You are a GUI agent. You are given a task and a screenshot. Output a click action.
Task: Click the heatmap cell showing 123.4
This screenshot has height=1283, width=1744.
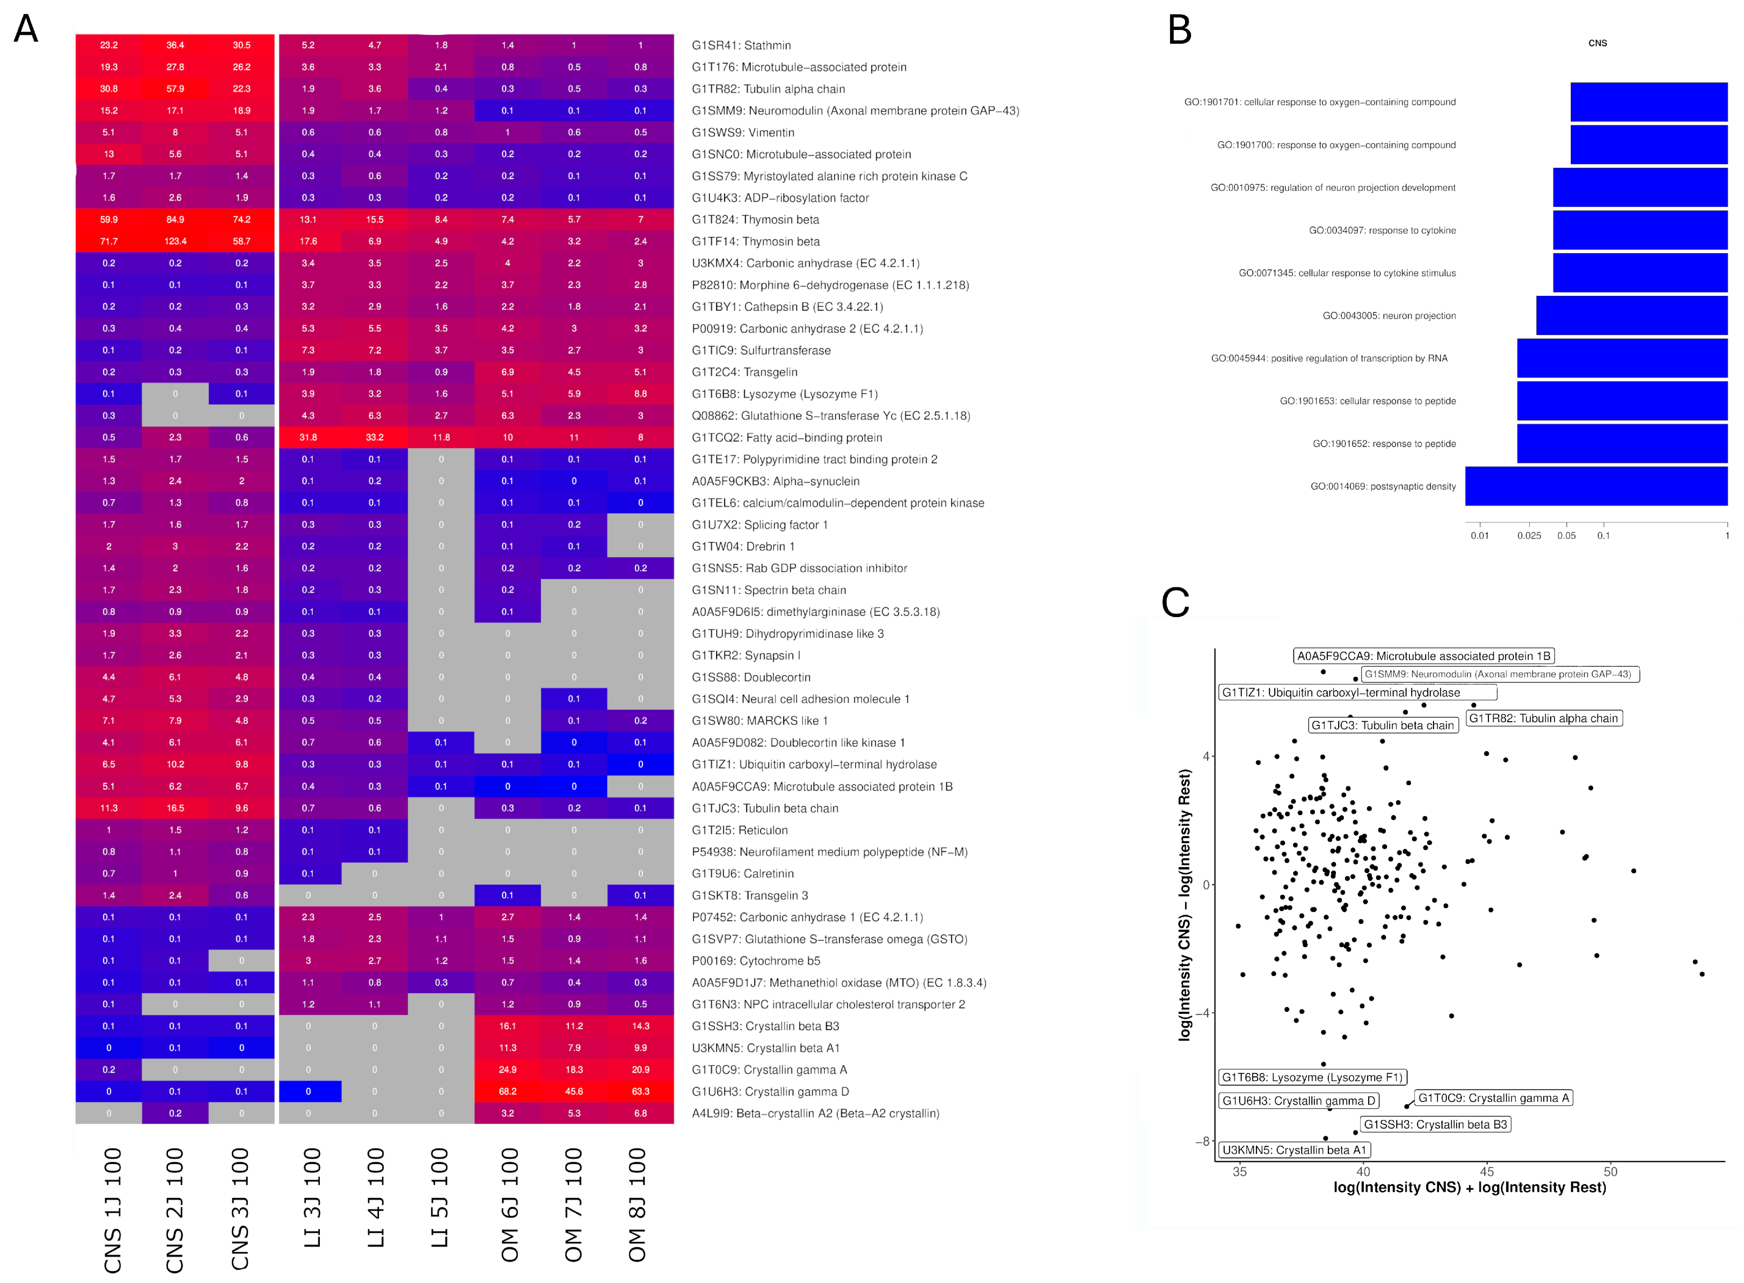[176, 242]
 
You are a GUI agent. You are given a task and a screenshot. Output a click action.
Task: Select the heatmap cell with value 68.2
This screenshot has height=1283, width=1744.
[508, 1091]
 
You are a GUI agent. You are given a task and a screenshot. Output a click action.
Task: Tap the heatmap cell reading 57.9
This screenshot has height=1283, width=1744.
[176, 88]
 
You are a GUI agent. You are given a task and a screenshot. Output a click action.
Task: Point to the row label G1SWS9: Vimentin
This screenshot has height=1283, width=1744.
[743, 132]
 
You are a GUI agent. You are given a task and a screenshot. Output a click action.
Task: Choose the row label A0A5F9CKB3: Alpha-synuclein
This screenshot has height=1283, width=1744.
[775, 481]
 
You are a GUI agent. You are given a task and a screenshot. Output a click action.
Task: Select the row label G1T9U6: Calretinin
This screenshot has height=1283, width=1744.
[742, 874]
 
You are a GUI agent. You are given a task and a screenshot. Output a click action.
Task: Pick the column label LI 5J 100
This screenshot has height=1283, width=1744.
[440, 1198]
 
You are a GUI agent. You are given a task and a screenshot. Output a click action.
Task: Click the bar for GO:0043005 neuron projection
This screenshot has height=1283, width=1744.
[1631, 315]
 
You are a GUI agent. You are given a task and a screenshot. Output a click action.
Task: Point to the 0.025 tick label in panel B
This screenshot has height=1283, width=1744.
[1529, 536]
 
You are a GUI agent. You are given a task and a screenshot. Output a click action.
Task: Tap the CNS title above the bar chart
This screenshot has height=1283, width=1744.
[1597, 44]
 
